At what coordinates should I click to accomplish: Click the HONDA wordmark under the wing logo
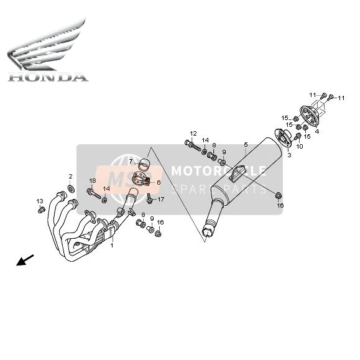tap(48, 77)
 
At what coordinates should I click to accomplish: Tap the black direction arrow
tap(25, 260)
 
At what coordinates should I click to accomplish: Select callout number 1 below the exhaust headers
tap(112, 246)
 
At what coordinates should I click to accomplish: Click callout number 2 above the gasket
tap(70, 177)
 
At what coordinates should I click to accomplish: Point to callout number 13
tap(40, 201)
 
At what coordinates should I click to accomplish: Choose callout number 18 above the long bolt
tap(93, 181)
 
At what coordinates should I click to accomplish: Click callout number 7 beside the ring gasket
tap(131, 161)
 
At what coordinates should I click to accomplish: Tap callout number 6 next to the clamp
tap(159, 183)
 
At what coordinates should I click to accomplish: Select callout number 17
tap(160, 200)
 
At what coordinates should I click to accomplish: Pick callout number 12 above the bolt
tap(193, 134)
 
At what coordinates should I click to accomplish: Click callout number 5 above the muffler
tap(246, 144)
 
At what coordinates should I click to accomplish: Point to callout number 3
tap(289, 155)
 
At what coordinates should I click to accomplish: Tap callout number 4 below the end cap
tap(317, 132)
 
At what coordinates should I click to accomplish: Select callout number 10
tap(300, 146)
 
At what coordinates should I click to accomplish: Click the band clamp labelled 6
tap(141, 179)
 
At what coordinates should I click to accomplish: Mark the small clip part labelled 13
tap(41, 210)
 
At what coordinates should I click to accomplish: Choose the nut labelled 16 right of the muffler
tap(279, 196)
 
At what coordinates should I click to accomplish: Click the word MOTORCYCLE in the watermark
tap(219, 170)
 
